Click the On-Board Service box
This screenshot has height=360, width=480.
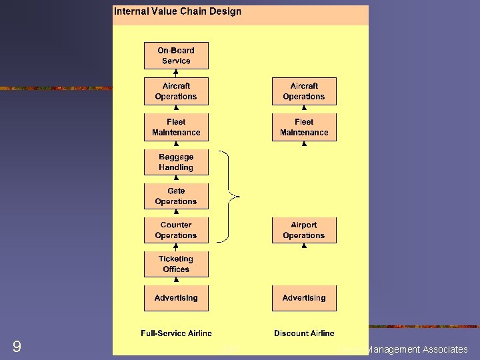(x=176, y=55)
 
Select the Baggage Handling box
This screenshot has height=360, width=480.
(x=176, y=162)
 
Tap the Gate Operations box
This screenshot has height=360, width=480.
(x=176, y=196)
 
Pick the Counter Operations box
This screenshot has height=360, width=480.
(x=176, y=230)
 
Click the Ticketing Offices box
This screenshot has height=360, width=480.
(x=176, y=264)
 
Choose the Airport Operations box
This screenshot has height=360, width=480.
(x=304, y=230)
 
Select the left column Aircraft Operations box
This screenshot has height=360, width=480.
(x=176, y=91)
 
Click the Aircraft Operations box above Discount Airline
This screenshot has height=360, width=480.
(x=304, y=91)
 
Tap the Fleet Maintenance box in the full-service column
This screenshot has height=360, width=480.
(x=176, y=127)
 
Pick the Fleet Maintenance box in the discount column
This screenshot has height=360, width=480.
(x=304, y=127)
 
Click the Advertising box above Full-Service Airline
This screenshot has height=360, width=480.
(x=176, y=298)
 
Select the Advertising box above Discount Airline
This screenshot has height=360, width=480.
(x=304, y=298)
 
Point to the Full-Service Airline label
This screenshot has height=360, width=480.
(x=176, y=333)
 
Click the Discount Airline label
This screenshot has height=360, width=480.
(x=304, y=333)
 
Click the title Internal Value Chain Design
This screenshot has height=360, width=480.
(x=178, y=11)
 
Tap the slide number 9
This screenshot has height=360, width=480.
(x=17, y=347)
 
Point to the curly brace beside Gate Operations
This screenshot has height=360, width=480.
(x=230, y=196)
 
